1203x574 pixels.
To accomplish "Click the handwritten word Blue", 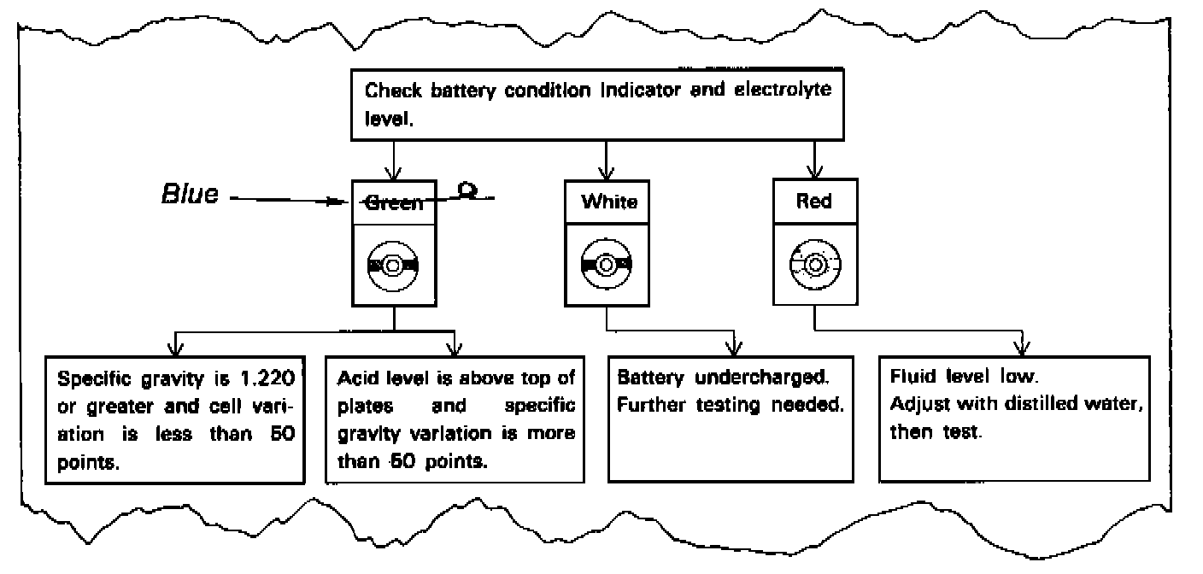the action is [x=191, y=194].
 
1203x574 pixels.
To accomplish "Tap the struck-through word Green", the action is [x=394, y=203].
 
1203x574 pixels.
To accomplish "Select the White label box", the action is [x=607, y=202].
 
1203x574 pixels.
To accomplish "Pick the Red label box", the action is [x=815, y=201].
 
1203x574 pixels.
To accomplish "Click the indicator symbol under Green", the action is [x=392, y=266].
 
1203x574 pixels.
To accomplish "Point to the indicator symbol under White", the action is [x=607, y=264].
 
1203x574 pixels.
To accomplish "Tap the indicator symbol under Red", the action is [x=815, y=264].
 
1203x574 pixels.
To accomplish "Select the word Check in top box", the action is [x=393, y=91].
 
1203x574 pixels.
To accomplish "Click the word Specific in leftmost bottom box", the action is [x=94, y=379].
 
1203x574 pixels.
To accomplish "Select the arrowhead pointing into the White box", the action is [x=607, y=174].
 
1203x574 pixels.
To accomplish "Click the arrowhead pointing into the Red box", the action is [x=815, y=173].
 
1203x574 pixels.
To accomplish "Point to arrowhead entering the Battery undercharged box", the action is [x=734, y=349].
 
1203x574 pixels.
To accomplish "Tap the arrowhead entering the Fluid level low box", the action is [x=1022, y=349].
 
